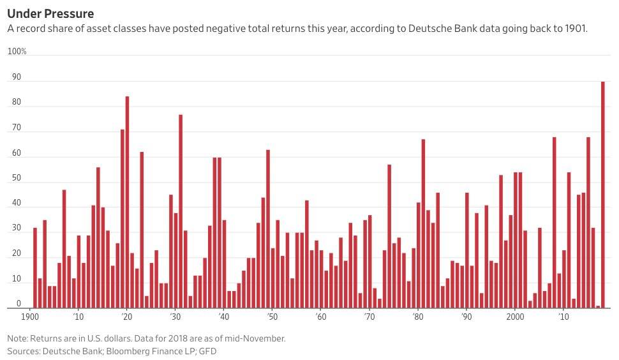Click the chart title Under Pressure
(x=50, y=13)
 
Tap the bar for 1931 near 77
(x=181, y=211)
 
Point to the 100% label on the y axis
(x=17, y=51)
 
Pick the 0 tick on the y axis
(x=19, y=304)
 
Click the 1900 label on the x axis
(x=30, y=317)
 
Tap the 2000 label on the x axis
(x=515, y=317)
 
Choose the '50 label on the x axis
(x=272, y=317)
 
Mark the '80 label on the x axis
(x=417, y=317)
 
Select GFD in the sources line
(x=211, y=351)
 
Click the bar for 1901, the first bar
(x=35, y=267)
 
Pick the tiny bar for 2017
(x=598, y=306)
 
